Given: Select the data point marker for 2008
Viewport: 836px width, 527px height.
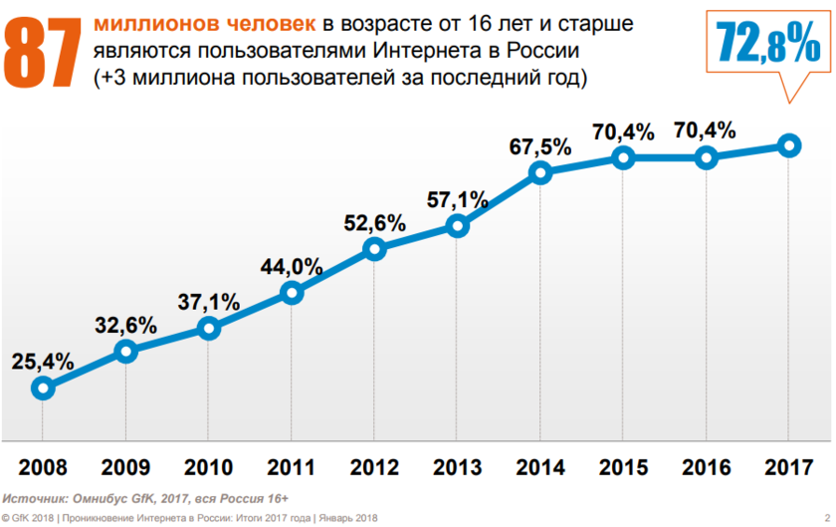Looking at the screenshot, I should coord(43,388).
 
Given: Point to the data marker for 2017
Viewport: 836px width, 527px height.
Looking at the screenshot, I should coord(789,145).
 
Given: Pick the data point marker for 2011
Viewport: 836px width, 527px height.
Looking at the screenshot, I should coord(292,292).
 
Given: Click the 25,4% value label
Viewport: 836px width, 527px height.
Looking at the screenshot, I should coord(43,361).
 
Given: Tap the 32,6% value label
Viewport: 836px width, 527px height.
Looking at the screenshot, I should coord(125,324).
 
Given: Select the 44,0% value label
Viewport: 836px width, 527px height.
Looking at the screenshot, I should coord(292,266).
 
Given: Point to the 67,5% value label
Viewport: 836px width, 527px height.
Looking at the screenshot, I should coord(540,146).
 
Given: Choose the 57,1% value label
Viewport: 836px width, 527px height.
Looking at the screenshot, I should coord(458,199).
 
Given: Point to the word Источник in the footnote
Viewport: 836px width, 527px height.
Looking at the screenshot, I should coord(34,497).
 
